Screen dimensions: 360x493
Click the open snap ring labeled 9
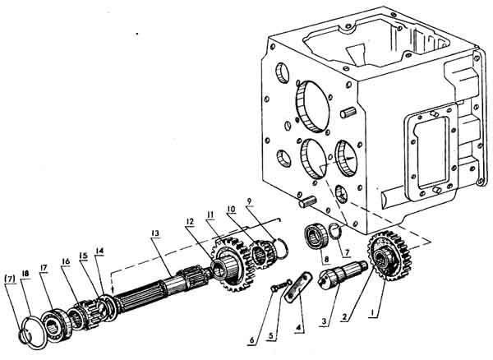[x=279, y=243]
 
